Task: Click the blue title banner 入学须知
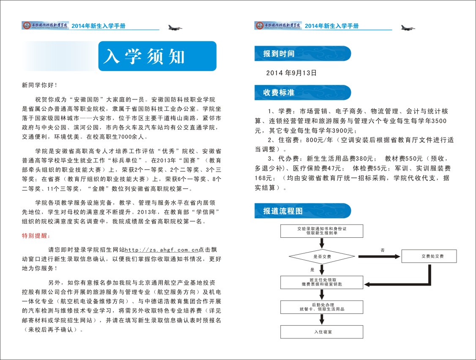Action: coord(157,56)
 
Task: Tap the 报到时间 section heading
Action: coord(279,54)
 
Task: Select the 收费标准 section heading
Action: coord(279,92)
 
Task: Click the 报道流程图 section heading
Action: coord(283,211)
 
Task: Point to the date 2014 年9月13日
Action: coord(291,73)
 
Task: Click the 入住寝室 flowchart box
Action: coord(323,332)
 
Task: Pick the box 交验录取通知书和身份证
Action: coord(323,231)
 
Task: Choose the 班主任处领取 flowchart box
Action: coord(323,282)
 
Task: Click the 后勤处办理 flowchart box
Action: coord(323,307)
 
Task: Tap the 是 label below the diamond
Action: coord(312,269)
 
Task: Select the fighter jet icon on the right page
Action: coord(408,27)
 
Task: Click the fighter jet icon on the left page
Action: coord(175,27)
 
